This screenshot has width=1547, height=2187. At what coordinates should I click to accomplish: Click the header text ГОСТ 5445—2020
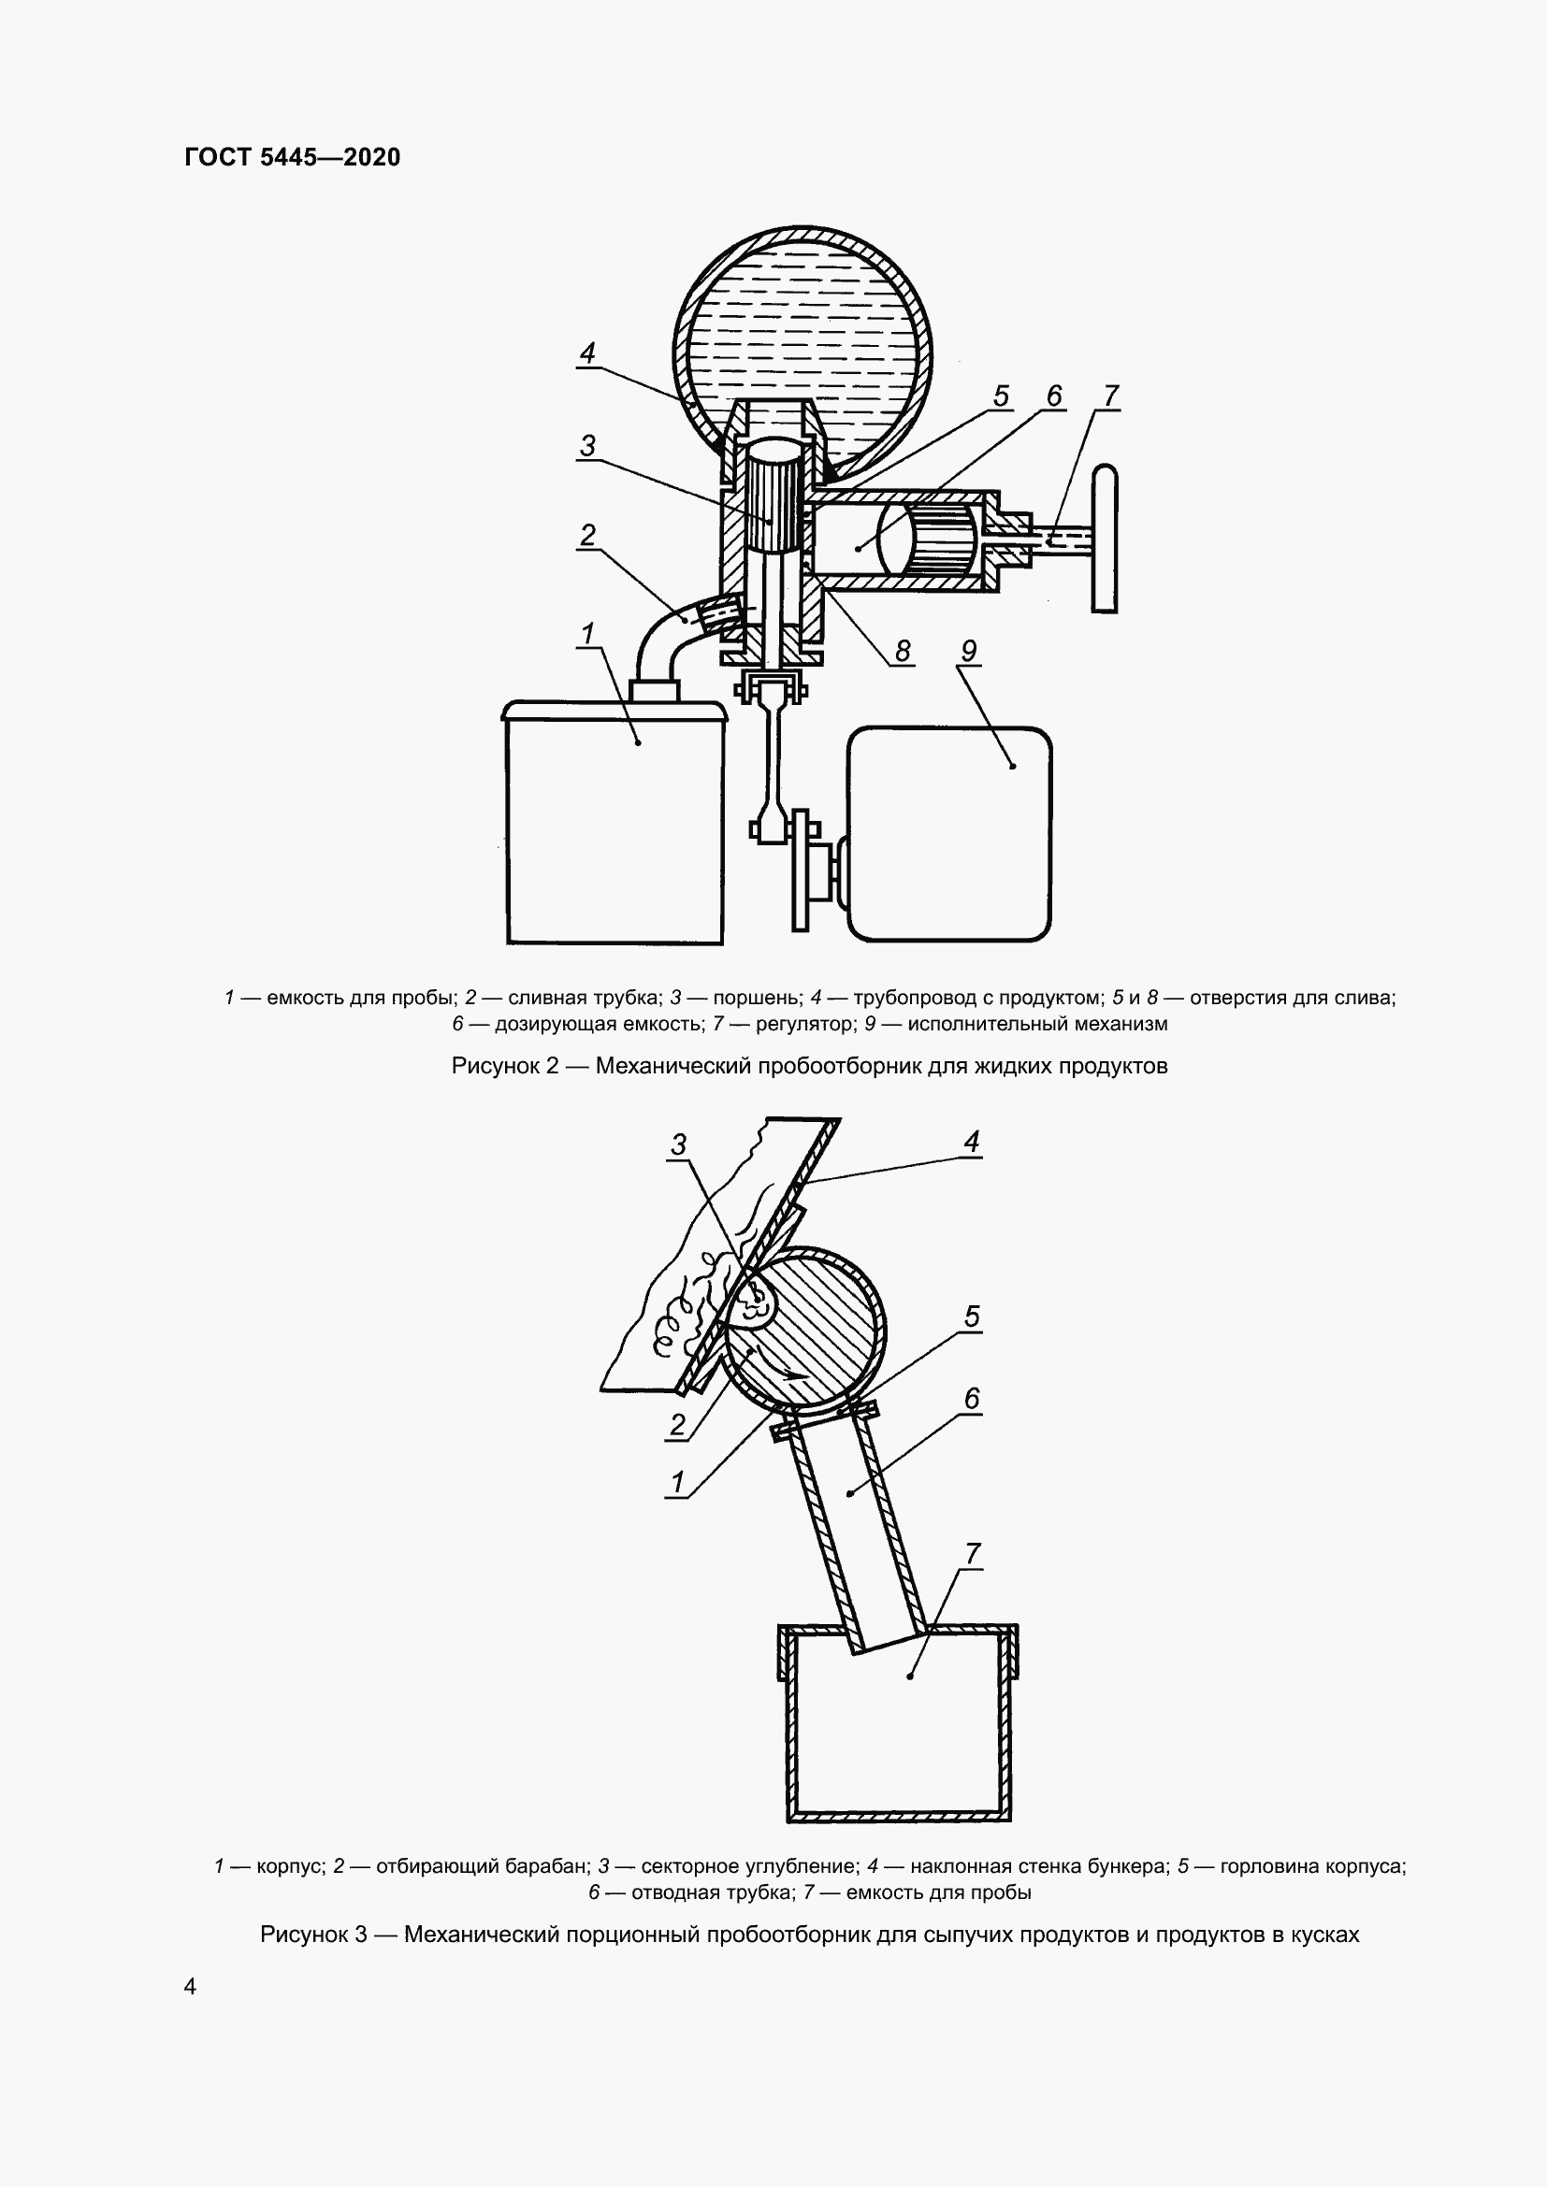[293, 157]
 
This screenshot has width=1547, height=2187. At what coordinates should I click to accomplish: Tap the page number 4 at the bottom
[191, 1986]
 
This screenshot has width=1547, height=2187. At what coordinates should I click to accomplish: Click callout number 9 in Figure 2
[969, 651]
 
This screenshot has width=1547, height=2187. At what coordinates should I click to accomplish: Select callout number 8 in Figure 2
[902, 651]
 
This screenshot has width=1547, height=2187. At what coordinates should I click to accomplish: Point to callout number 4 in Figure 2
[587, 353]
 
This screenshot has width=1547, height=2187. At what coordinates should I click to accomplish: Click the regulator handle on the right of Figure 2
[1104, 538]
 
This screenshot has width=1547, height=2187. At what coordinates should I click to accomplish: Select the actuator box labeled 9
[949, 833]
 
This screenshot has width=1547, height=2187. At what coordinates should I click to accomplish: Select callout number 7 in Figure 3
[973, 1554]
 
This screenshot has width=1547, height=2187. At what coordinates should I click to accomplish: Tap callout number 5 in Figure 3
[972, 1316]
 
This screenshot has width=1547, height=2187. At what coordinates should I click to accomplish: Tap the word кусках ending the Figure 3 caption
[1324, 1935]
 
